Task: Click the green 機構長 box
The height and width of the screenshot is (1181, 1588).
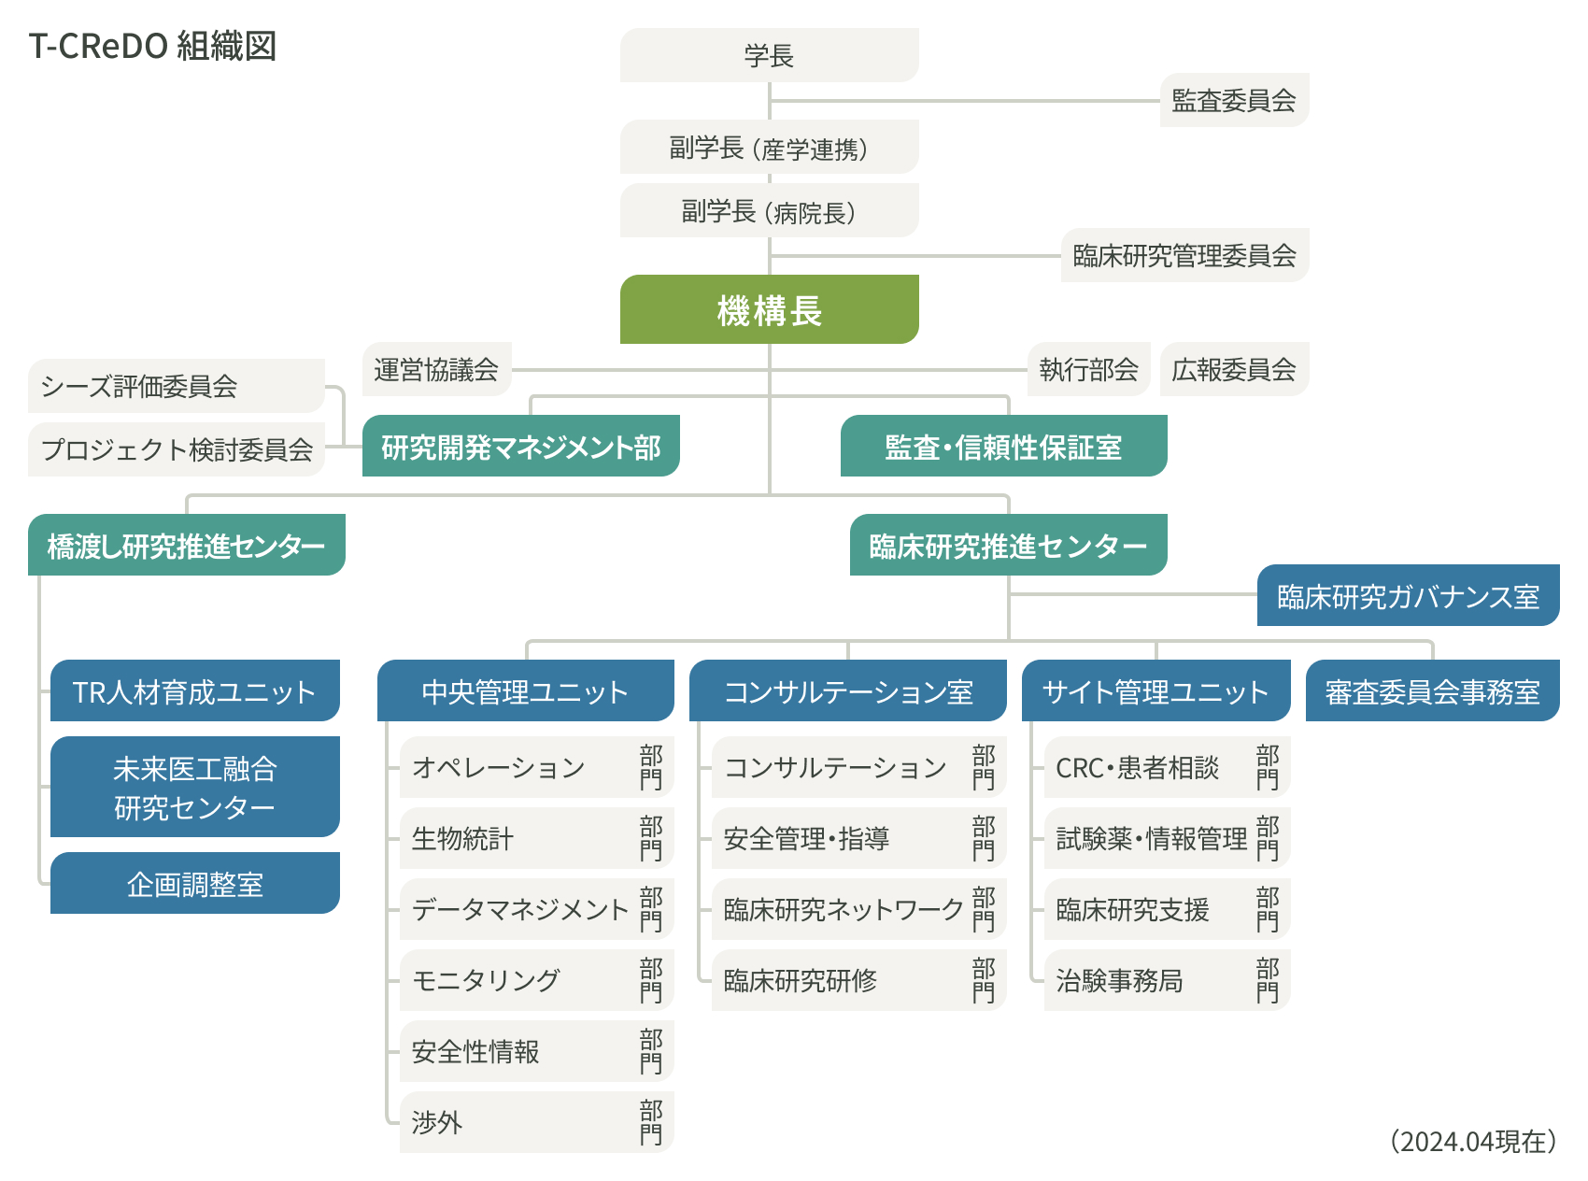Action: point(769,309)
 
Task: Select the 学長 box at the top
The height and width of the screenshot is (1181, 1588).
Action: point(769,55)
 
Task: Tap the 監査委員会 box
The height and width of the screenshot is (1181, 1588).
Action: point(1233,100)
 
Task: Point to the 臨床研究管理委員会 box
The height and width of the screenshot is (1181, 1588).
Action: point(1184,255)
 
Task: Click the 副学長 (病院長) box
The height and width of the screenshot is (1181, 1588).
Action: point(769,211)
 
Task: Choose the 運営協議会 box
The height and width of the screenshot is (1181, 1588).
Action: point(436,369)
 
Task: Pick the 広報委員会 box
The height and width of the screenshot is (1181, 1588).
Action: point(1233,369)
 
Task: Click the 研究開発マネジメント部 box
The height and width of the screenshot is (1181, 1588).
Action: point(520,447)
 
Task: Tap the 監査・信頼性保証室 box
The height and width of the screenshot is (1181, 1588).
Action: point(1003,447)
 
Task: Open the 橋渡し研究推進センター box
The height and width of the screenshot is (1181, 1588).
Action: point(186,545)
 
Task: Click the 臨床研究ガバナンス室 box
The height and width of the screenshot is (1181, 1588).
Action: point(1408,595)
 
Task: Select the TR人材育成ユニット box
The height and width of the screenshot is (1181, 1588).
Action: point(194,691)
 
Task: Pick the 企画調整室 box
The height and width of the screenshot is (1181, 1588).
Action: point(194,883)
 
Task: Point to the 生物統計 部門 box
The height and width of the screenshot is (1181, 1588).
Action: point(536,838)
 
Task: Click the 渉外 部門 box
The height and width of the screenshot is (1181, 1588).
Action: point(536,1122)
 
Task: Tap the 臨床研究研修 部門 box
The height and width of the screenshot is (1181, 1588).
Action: point(858,980)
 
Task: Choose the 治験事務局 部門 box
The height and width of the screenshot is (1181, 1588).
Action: point(1166,980)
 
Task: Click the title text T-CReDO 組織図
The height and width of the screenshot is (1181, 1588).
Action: point(152,46)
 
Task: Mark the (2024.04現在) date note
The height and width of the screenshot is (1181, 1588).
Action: point(1473,1141)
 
